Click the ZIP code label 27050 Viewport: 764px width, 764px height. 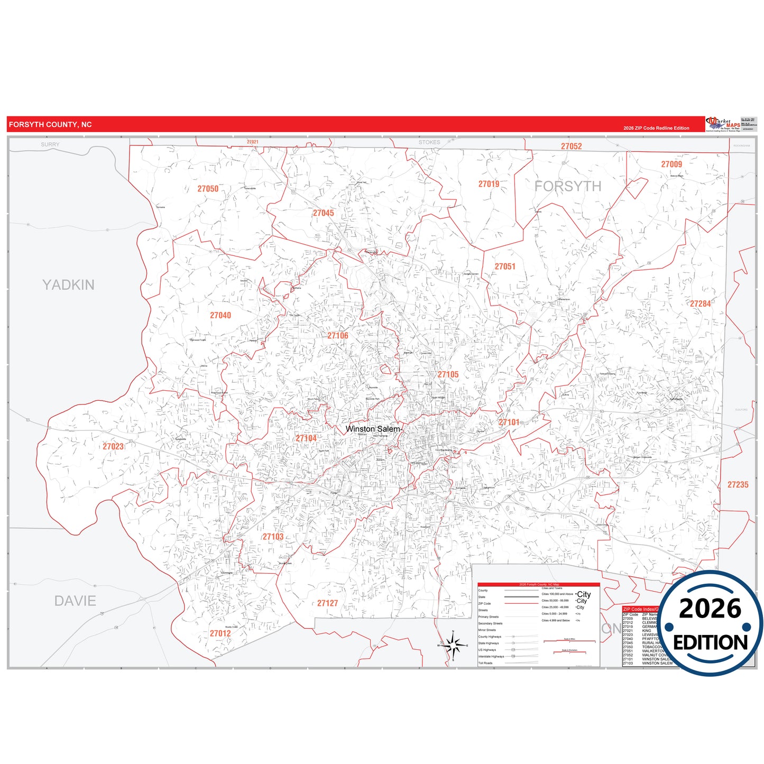click(x=208, y=189)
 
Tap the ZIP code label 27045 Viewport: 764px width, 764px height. click(x=323, y=213)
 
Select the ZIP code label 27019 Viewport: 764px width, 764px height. click(x=489, y=184)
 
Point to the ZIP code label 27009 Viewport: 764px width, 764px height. click(x=671, y=164)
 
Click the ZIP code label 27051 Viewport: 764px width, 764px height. click(x=505, y=266)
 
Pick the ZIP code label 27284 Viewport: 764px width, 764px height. click(x=700, y=303)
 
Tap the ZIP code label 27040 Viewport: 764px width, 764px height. click(x=220, y=315)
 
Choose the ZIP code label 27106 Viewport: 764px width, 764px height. click(x=337, y=336)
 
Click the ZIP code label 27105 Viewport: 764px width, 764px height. click(x=448, y=374)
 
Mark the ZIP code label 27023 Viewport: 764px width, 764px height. click(x=113, y=446)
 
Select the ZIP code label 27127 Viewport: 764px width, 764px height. click(x=327, y=603)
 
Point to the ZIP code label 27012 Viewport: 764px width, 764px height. click(x=220, y=633)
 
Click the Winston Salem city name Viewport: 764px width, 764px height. click(x=373, y=429)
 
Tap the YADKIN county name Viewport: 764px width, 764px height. click(x=68, y=285)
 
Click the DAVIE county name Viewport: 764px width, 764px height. click(x=75, y=601)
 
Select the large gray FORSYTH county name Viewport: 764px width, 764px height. click(x=567, y=186)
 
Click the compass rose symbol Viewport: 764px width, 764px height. click(x=453, y=645)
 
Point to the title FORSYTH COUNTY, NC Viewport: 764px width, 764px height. click(x=50, y=125)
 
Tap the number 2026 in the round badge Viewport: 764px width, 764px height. click(x=710, y=609)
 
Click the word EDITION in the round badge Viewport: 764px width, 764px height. click(x=710, y=642)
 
